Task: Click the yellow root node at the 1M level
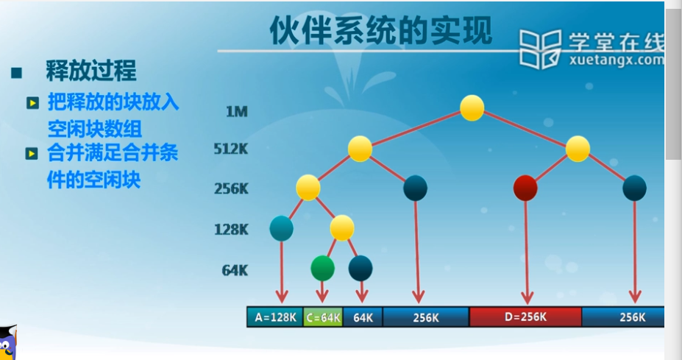pyautogui.click(x=472, y=108)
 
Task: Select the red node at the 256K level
pyautogui.click(x=525, y=188)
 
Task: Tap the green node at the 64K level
pyautogui.click(x=323, y=268)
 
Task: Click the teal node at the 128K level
pyautogui.click(x=282, y=228)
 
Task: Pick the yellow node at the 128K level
pyautogui.click(x=342, y=228)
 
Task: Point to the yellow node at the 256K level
pyautogui.click(x=308, y=188)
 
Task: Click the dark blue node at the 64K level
pyautogui.click(x=360, y=268)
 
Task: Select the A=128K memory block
pyautogui.click(x=275, y=317)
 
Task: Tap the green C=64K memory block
pyautogui.click(x=323, y=317)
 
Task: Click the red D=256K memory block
pyautogui.click(x=525, y=317)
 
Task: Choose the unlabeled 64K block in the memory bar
pyautogui.click(x=363, y=317)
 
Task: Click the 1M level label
pyautogui.click(x=237, y=112)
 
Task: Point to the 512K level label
pyautogui.click(x=230, y=149)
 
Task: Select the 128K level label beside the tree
pyautogui.click(x=231, y=230)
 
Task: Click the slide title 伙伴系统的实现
pyautogui.click(x=381, y=30)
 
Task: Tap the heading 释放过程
pyautogui.click(x=91, y=71)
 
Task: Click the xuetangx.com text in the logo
pyautogui.click(x=617, y=60)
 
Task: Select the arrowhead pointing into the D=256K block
pyautogui.click(x=528, y=298)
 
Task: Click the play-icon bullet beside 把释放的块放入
pyautogui.click(x=32, y=103)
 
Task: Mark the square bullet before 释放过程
pyautogui.click(x=16, y=73)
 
